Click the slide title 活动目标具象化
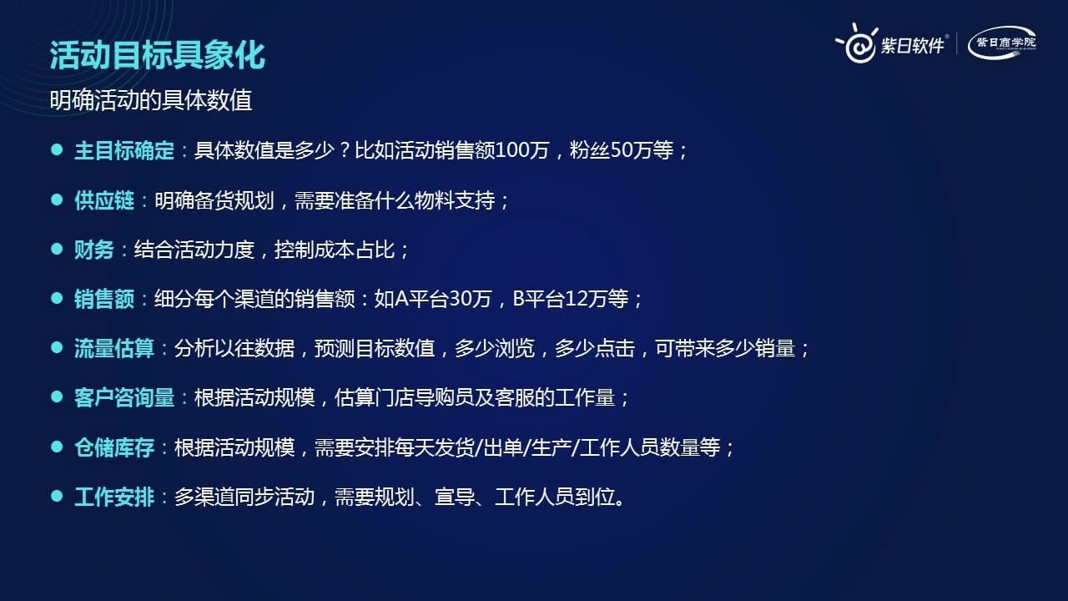pos(158,55)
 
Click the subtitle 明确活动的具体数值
pos(151,100)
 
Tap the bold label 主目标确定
pos(124,151)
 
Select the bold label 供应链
pos(104,200)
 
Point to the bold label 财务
pos(94,250)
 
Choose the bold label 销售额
pos(104,300)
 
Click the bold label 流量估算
pos(114,349)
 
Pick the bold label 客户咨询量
pos(124,398)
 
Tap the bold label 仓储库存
pos(114,448)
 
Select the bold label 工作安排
pos(114,497)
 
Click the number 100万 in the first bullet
pos(522,151)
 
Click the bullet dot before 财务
pos(57,249)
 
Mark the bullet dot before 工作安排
pos(57,496)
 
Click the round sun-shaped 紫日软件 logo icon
pos(858,44)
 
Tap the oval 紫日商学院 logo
pos(1002,43)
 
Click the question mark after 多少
pos(345,151)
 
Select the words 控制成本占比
pos(335,250)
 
